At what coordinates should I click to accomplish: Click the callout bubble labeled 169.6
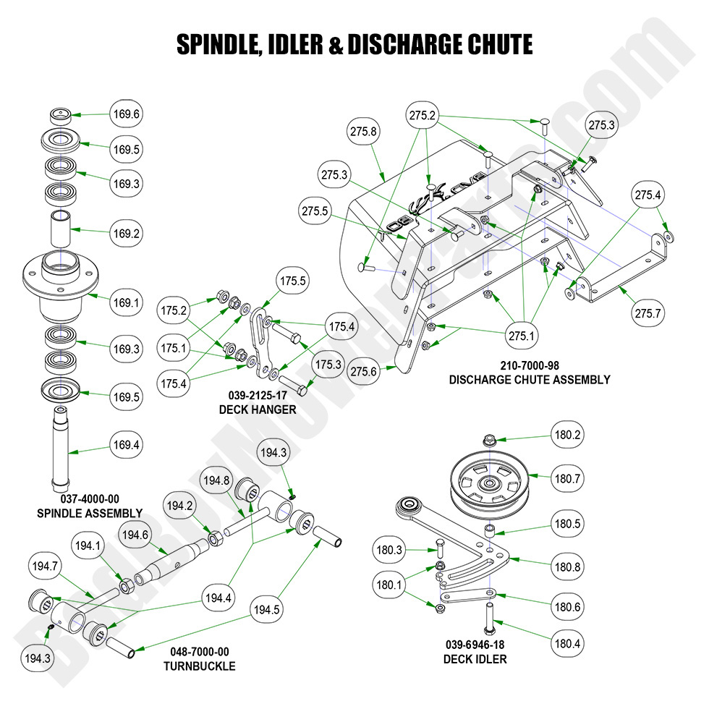[x=126, y=114]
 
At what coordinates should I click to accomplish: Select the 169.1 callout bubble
[x=126, y=302]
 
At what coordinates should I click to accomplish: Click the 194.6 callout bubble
[x=135, y=535]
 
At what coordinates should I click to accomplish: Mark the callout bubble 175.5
[x=293, y=281]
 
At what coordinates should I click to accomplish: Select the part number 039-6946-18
[x=475, y=644]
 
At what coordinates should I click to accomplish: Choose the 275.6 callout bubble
[x=363, y=370]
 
